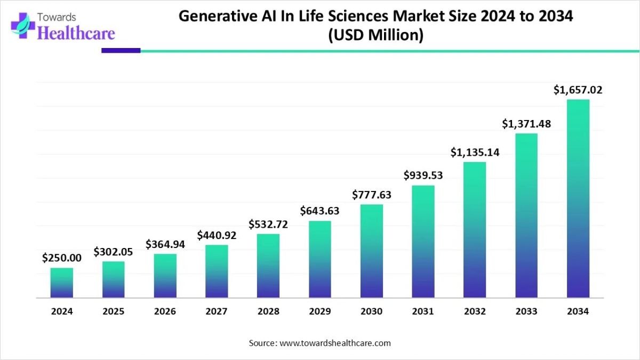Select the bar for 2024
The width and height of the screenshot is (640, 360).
point(62,283)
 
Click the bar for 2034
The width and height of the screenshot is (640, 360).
point(578,198)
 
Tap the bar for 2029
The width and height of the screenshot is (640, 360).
point(320,259)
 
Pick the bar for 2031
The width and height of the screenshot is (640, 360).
point(423,242)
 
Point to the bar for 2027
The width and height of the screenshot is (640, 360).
point(217,271)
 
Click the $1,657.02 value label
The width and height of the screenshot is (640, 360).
point(578,90)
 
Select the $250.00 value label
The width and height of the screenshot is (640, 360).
point(62,258)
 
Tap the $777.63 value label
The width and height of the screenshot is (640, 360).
point(372,195)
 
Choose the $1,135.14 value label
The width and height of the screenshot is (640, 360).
point(475,153)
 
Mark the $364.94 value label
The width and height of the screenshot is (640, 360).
point(165,244)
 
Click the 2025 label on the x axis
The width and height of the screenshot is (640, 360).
point(114,312)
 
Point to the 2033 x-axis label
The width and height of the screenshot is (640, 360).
point(526,312)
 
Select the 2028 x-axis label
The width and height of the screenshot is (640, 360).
point(268,312)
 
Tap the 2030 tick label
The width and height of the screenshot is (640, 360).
point(372,312)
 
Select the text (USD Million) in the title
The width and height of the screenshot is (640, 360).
point(376,36)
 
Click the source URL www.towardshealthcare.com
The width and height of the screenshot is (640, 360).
point(335,343)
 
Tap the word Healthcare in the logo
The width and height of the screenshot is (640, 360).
point(77,34)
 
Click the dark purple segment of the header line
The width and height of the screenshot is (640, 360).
point(121,51)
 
